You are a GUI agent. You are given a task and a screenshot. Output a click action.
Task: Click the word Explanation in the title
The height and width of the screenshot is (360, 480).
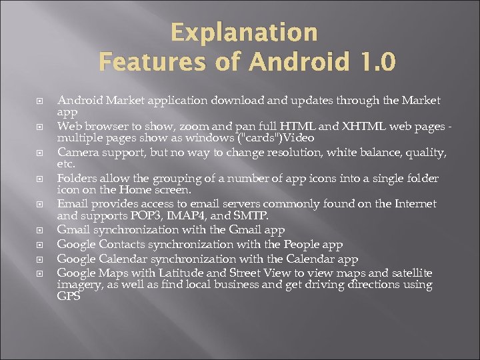(244, 32)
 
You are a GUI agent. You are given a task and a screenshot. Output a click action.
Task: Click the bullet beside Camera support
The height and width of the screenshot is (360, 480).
(39, 153)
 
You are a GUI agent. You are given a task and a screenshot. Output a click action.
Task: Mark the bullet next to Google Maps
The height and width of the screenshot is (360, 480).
(39, 273)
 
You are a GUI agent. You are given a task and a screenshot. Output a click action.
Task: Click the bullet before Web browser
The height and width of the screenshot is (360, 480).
(39, 127)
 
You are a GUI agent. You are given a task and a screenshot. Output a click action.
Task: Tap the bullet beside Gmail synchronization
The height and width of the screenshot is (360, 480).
(39, 231)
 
